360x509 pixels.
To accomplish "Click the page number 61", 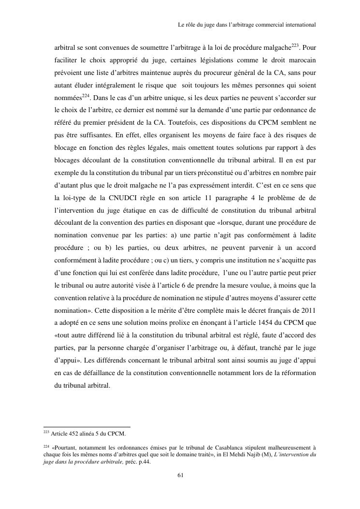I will [x=180, y=475].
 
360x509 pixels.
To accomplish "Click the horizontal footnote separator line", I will [x=87, y=427].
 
